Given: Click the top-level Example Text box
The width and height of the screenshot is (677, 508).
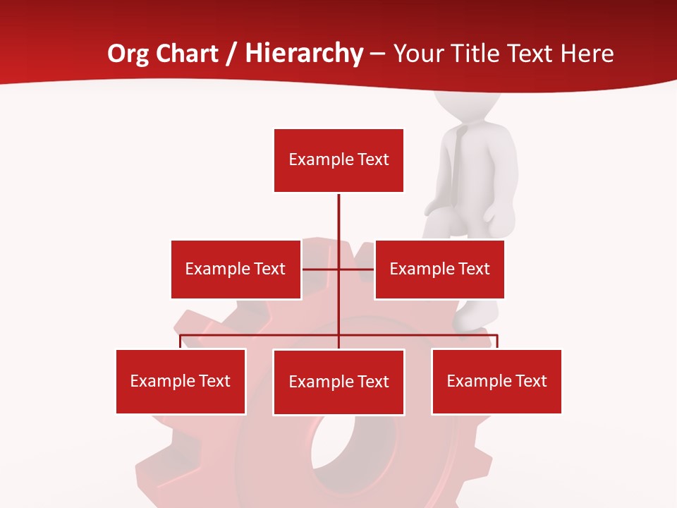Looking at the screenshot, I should (338, 160).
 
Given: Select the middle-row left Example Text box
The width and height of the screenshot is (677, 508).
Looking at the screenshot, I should (236, 269).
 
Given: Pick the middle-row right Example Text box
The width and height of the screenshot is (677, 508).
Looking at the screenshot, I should (439, 269).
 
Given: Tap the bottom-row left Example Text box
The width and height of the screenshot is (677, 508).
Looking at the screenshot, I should (181, 381).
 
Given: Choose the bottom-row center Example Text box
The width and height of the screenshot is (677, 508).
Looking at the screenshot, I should (338, 382).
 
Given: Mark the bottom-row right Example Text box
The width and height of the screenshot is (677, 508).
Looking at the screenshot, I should (496, 381).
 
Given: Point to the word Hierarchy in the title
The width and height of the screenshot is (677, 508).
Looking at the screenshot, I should (304, 54).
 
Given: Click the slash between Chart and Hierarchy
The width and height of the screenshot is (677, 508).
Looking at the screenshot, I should (231, 54).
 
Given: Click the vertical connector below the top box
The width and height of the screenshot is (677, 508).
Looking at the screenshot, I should (338, 219).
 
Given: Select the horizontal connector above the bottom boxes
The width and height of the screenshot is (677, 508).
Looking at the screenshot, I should (261, 335).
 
